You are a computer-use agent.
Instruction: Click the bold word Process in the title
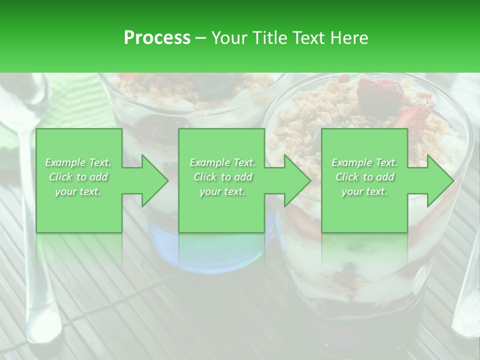coord(157,37)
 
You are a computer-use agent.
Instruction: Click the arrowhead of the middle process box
coord(297,180)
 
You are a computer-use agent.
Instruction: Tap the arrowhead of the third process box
coord(440,180)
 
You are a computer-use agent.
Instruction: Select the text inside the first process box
coord(78,176)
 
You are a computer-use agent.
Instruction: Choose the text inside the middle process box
coord(222,176)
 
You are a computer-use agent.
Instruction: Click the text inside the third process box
coord(364,176)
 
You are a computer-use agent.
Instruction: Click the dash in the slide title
coord(201,38)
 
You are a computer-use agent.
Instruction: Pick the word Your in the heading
coord(230,37)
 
